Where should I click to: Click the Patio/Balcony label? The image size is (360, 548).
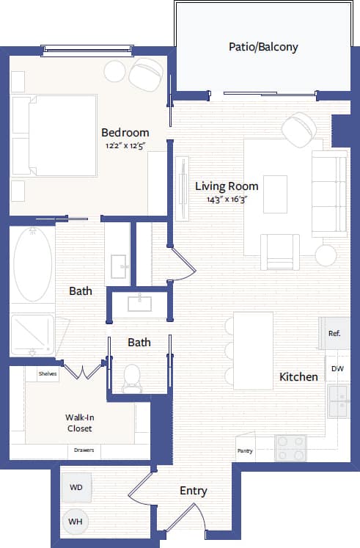tap(263, 47)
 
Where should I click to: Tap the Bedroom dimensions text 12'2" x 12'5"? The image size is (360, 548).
tap(125, 145)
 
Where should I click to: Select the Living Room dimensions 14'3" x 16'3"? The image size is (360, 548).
tap(227, 199)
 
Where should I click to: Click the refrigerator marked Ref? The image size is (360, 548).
tap(334, 333)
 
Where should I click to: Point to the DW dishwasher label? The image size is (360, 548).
tap(337, 369)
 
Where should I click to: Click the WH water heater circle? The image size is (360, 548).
tap(75, 522)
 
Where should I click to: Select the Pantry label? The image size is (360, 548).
tap(245, 451)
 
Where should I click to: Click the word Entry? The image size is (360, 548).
tap(193, 491)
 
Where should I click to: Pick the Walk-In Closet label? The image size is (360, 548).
tap(78, 423)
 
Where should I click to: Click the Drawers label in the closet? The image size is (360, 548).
tap(84, 450)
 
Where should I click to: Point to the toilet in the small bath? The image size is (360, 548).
tap(133, 376)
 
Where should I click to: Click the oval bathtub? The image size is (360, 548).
tap(32, 263)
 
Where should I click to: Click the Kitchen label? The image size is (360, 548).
tap(298, 377)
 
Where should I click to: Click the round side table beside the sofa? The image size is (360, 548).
tap(326, 255)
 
